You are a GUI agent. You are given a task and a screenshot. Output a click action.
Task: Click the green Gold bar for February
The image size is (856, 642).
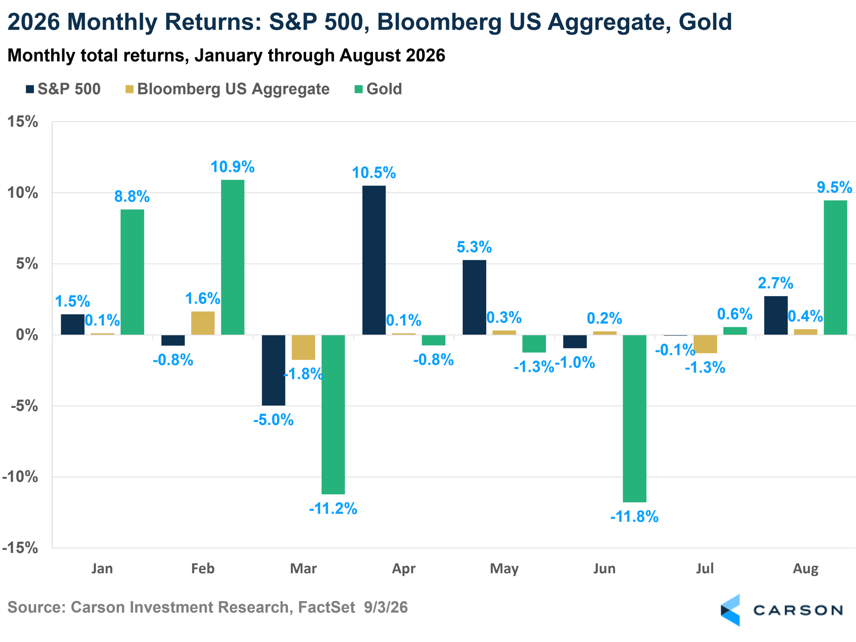point(233,257)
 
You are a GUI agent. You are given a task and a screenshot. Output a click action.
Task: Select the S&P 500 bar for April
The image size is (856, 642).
point(374,260)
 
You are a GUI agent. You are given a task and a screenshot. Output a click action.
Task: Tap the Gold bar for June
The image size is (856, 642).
point(635,418)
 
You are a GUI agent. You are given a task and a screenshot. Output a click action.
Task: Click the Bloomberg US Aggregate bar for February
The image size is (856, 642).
point(203,323)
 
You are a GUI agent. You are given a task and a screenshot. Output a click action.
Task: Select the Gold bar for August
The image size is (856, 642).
point(836,267)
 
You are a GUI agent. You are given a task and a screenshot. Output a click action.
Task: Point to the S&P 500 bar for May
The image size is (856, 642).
point(474,297)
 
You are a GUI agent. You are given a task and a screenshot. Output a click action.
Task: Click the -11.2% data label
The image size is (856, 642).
point(333,509)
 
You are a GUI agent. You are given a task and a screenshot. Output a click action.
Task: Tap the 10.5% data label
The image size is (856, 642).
point(374,173)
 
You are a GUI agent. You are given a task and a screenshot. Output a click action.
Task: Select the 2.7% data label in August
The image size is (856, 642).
point(775,283)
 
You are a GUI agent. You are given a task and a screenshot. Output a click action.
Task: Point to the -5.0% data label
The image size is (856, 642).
point(274,420)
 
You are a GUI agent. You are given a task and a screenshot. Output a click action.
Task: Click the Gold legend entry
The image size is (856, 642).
point(378,89)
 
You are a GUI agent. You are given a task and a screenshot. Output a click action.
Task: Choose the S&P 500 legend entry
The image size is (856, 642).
point(63,89)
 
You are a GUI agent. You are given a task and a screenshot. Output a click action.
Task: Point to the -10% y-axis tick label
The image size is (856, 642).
point(20,477)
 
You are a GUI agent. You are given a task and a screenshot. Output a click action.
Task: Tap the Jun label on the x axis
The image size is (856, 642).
point(605,568)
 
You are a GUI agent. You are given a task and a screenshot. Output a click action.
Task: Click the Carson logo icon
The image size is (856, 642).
point(731,610)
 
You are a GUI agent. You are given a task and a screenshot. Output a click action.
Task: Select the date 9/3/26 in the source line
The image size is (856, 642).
point(386,608)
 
